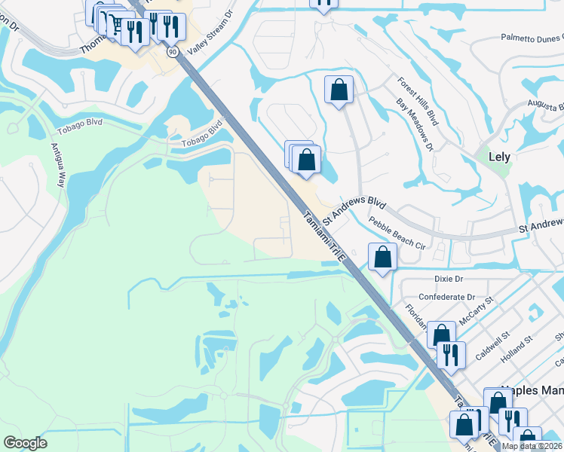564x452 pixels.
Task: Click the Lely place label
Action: [x=499, y=157]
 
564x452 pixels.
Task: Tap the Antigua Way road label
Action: [x=58, y=166]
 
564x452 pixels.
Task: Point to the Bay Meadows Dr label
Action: [x=414, y=125]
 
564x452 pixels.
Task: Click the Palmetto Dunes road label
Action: [x=532, y=38]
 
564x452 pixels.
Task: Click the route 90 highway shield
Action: [x=173, y=51]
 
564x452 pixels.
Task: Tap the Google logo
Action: [x=25, y=443]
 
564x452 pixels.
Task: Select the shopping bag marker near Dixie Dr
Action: [x=383, y=258]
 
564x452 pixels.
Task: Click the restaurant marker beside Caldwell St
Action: [x=450, y=354]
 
